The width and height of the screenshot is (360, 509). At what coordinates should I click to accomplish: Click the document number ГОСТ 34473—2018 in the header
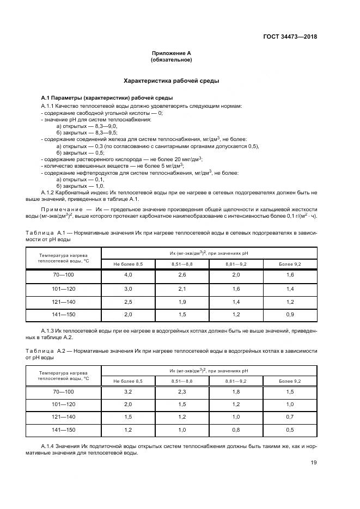point(290,37)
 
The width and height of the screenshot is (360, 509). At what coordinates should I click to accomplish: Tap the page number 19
point(314,463)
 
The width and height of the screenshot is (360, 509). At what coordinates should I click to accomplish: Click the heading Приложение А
point(172,53)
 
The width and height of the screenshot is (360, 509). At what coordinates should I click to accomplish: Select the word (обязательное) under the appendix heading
point(172,60)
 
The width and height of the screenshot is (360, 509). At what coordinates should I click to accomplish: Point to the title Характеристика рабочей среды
point(172,81)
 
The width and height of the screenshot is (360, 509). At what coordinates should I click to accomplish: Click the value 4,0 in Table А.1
point(129,275)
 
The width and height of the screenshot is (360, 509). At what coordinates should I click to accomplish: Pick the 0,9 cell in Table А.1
point(290,314)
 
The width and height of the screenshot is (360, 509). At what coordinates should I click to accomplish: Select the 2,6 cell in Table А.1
point(182,275)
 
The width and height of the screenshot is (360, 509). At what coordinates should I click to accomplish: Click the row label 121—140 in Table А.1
point(63,301)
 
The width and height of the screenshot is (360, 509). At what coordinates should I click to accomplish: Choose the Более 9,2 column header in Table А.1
point(290,264)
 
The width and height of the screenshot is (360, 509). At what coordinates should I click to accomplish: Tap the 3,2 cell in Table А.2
point(129,391)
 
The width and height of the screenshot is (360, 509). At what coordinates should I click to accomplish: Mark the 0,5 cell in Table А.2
point(290,431)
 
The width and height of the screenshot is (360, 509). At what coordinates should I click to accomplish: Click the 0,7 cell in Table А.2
point(290,418)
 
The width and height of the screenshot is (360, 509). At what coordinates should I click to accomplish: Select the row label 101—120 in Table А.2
point(63,404)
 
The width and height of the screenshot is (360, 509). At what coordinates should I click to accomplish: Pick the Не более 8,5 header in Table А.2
point(129,381)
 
